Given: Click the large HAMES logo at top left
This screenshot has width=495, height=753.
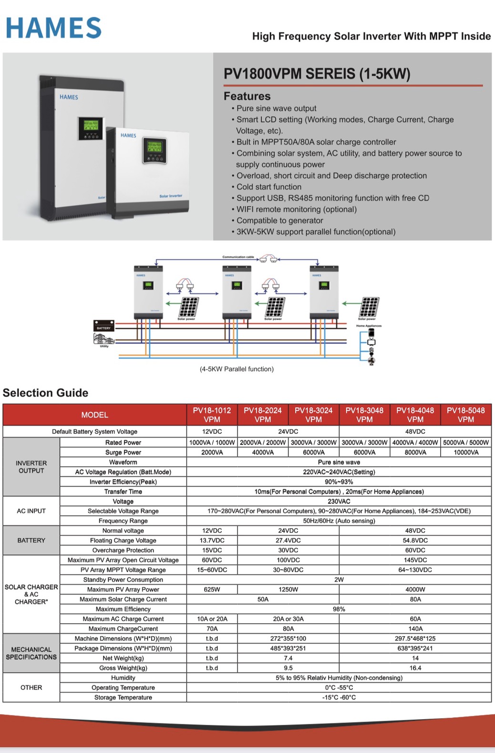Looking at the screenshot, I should (x=53, y=28).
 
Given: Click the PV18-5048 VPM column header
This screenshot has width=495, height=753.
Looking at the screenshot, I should (x=465, y=415).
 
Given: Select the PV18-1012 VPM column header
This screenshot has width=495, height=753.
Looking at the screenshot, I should (x=212, y=415).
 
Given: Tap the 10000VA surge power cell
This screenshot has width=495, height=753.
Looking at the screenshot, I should (x=465, y=452).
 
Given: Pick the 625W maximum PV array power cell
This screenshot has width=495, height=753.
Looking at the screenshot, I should (x=212, y=589).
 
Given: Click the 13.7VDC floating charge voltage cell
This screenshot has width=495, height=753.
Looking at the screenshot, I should (x=212, y=540).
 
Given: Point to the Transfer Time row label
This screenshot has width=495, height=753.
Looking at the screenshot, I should (x=123, y=492).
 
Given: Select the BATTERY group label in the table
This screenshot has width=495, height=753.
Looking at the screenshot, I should (x=31, y=540).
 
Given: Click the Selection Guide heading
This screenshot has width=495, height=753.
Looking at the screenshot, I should (x=45, y=393).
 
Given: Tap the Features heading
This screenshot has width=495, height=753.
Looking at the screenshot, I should (x=247, y=96).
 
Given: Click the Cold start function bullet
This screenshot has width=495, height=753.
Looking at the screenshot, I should (x=268, y=187).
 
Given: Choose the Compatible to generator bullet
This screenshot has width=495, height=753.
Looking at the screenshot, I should (x=279, y=220).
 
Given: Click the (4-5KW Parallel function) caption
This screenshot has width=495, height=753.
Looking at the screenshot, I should (x=237, y=369).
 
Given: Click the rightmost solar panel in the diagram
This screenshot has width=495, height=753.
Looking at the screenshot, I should (x=369, y=307).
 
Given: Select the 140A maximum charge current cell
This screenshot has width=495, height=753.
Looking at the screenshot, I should (x=415, y=628).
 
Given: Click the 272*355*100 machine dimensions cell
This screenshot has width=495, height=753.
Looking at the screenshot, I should (x=288, y=638).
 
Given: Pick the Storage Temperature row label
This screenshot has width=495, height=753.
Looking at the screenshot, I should (x=123, y=697).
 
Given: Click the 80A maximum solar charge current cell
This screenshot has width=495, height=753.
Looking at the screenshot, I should (x=415, y=599).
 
